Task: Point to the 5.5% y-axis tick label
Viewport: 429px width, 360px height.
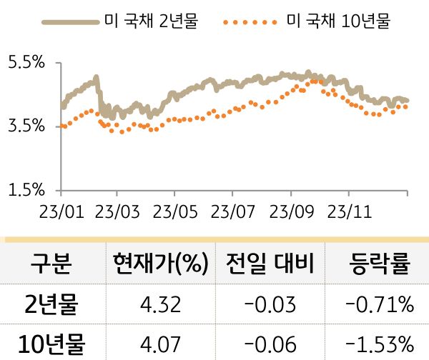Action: click(25, 63)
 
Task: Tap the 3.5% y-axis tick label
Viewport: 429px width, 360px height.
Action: click(25, 126)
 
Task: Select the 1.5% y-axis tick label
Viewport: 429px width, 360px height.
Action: click(25, 191)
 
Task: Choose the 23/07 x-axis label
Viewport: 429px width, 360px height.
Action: click(232, 212)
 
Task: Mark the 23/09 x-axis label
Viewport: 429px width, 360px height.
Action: click(290, 212)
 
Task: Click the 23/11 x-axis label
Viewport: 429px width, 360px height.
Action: click(348, 212)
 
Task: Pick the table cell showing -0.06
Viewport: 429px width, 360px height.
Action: click(270, 344)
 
